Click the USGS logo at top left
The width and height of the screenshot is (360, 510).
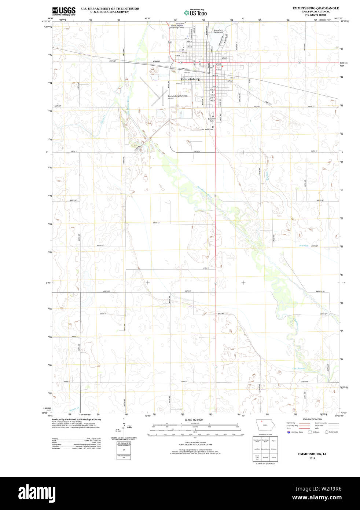pyautogui.click(x=64, y=11)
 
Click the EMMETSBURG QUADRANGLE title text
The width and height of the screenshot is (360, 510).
pyautogui.click(x=315, y=8)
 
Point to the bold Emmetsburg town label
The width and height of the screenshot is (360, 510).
pyautogui.click(x=190, y=79)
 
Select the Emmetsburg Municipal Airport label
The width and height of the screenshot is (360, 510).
pyautogui.click(x=177, y=97)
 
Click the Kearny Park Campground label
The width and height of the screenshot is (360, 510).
pyautogui.click(x=218, y=31)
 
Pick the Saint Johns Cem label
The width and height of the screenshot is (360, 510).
pyautogui.click(x=206, y=129)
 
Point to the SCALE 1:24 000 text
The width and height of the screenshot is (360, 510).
pyautogui.click(x=194, y=420)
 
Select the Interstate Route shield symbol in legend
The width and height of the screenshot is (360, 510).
pyautogui.click(x=289, y=432)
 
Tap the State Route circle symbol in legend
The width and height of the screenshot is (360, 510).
pyautogui.click(x=326, y=432)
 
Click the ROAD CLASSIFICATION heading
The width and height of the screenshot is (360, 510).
pyautogui.click(x=312, y=419)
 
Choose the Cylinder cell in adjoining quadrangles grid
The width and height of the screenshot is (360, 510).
pyautogui.click(x=273, y=449)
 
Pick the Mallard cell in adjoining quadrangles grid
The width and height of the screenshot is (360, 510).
pyautogui.click(x=265, y=457)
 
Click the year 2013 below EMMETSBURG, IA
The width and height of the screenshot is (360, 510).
pyautogui.click(x=312, y=458)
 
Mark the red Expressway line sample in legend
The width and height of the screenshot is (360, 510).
pyautogui.click(x=304, y=423)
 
